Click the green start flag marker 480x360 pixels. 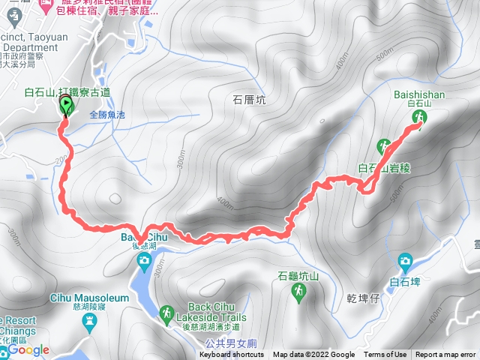(x=65, y=106)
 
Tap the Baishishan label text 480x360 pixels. (x=419, y=94)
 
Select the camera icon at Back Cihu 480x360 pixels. (x=144, y=260)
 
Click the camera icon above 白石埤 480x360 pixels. (x=405, y=261)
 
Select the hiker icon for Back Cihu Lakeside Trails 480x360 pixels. (x=168, y=313)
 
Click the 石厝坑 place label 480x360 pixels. (x=249, y=98)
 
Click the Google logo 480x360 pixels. (x=29, y=349)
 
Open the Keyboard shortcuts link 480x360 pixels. (x=232, y=355)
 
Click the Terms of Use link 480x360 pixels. (x=385, y=355)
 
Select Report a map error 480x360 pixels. (x=445, y=355)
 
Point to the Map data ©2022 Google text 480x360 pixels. (x=313, y=355)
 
